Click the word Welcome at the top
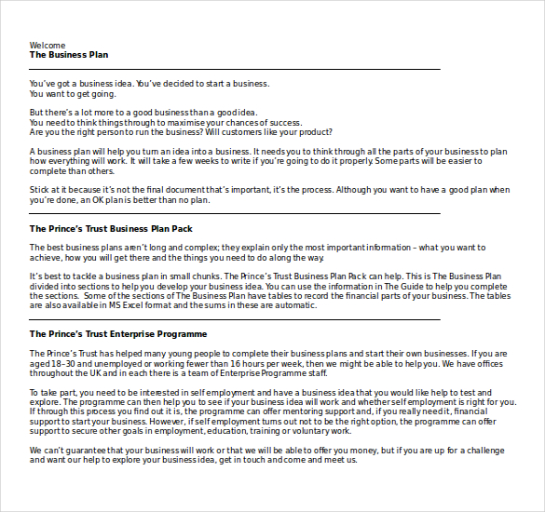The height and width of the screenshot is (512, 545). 48,45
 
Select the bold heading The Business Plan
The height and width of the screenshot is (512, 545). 69,55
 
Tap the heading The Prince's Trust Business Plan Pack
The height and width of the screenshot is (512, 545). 111,228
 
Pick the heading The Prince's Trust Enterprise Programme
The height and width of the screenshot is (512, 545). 118,333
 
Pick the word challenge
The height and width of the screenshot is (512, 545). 488,451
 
